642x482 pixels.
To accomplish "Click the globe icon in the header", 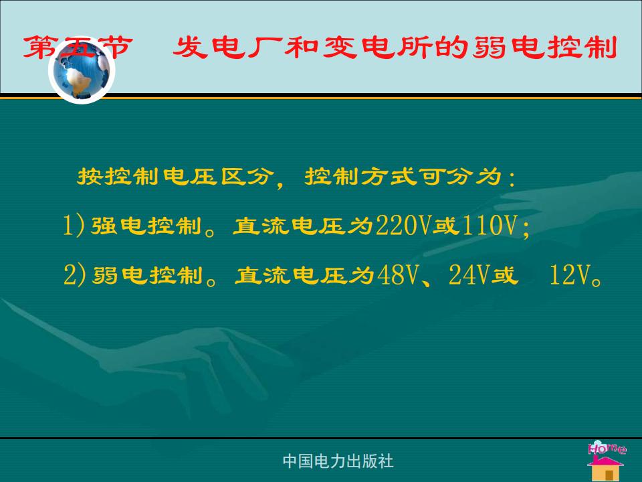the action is pos(82,70).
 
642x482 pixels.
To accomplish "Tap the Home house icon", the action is pos(607,461).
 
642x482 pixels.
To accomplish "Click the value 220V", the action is pos(404,225).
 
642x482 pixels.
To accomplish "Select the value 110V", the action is pos(489,225).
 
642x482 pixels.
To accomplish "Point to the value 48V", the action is pos(397,274).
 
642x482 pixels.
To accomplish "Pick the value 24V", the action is pos(469,274).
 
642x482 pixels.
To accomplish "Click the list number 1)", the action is pos(74,225).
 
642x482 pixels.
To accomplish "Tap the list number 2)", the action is pos(75,274).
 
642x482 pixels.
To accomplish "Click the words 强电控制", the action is pos(146,226).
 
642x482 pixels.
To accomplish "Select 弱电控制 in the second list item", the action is pos(148,275).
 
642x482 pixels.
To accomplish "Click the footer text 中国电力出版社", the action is pos(338,461).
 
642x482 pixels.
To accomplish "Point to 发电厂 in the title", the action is pos(228,47).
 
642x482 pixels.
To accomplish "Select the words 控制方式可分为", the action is pos(403,177).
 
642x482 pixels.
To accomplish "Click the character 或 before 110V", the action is pos(446,226).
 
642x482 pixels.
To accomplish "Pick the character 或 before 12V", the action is pos(505,275).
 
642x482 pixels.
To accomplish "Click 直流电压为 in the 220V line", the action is pos(304,226).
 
